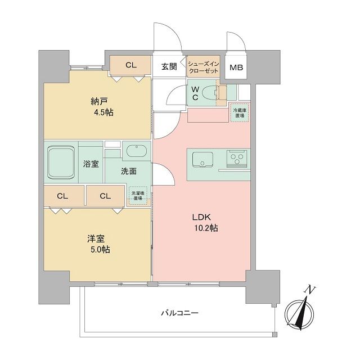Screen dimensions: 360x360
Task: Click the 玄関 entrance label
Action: coord(169,66)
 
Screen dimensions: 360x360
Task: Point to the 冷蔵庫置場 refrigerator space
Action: coord(240,112)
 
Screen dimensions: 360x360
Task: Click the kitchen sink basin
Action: coord(201,159)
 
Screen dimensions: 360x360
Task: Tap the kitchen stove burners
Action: coord(238,158)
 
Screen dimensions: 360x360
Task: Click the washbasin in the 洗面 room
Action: coord(136,151)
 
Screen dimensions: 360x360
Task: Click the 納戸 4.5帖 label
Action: coord(102,107)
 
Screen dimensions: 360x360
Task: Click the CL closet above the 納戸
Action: coord(130,65)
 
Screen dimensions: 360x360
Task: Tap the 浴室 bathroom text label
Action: coord(91,164)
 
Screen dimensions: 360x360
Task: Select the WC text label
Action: coord(195,93)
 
